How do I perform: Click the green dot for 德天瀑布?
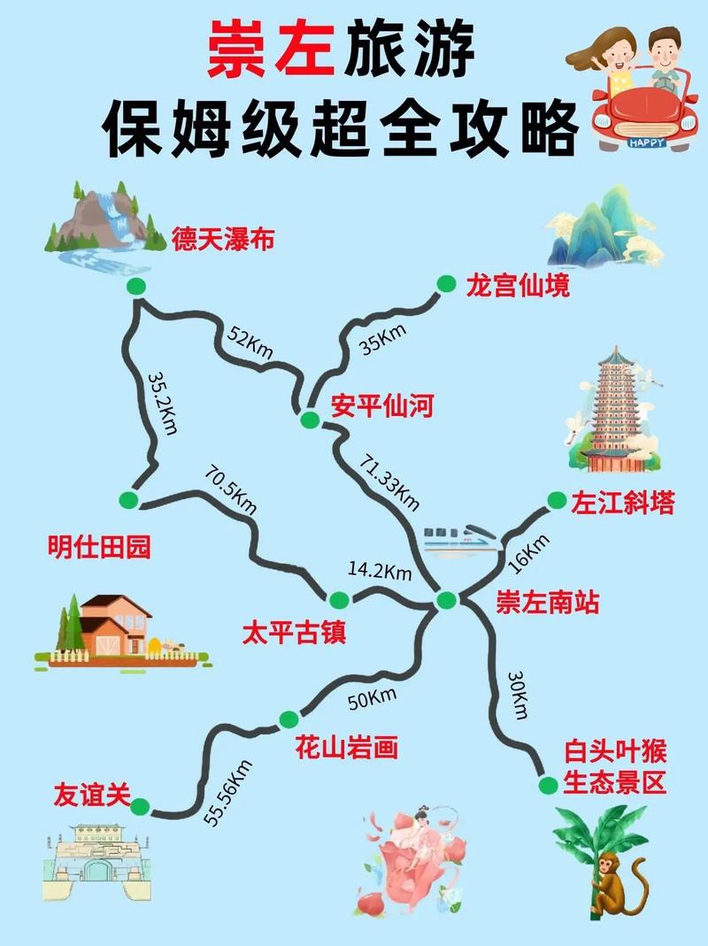coord(135,285)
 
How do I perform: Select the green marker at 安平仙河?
coord(309,419)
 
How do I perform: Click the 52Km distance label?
coord(250,341)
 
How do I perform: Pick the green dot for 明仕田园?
coord(129,500)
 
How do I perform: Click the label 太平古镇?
coord(294,634)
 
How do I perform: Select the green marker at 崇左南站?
coord(446,601)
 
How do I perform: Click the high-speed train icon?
coord(458,536)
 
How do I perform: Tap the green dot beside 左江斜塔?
coord(556,501)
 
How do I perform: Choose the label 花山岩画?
coord(346,750)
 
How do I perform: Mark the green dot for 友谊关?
coord(141,805)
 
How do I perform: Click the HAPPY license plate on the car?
coord(647,141)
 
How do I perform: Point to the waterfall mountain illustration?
coord(100,223)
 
